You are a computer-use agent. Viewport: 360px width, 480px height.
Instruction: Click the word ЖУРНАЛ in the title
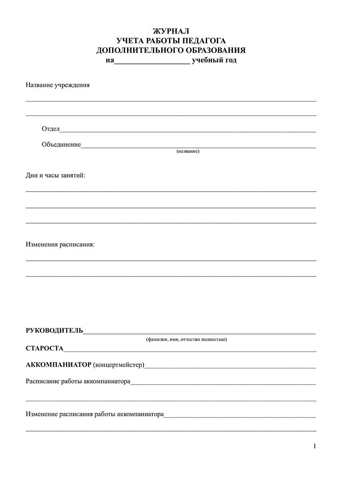171,31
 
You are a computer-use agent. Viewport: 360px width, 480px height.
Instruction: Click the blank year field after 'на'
152,61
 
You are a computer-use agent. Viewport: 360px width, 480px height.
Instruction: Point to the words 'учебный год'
214,60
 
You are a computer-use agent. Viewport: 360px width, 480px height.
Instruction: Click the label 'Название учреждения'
58,85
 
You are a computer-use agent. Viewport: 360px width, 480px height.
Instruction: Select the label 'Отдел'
50,129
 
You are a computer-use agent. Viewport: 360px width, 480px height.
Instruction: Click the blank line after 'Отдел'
188,130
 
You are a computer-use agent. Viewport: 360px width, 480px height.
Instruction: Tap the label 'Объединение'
61,144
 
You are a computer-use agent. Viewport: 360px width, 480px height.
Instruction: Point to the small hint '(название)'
188,152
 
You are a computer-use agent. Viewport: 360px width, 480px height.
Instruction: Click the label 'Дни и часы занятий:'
56,176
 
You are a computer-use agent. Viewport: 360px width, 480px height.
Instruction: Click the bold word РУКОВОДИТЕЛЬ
54,330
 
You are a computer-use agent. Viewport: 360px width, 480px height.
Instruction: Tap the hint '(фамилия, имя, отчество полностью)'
186,339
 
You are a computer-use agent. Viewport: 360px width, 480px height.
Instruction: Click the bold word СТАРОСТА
44,348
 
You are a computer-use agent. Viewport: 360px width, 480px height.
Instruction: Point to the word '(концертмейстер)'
119,365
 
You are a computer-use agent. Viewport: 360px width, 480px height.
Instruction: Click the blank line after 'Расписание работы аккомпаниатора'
223,383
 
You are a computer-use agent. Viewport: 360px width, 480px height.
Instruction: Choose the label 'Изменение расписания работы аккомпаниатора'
95,414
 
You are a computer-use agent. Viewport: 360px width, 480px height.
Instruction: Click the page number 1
315,446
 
